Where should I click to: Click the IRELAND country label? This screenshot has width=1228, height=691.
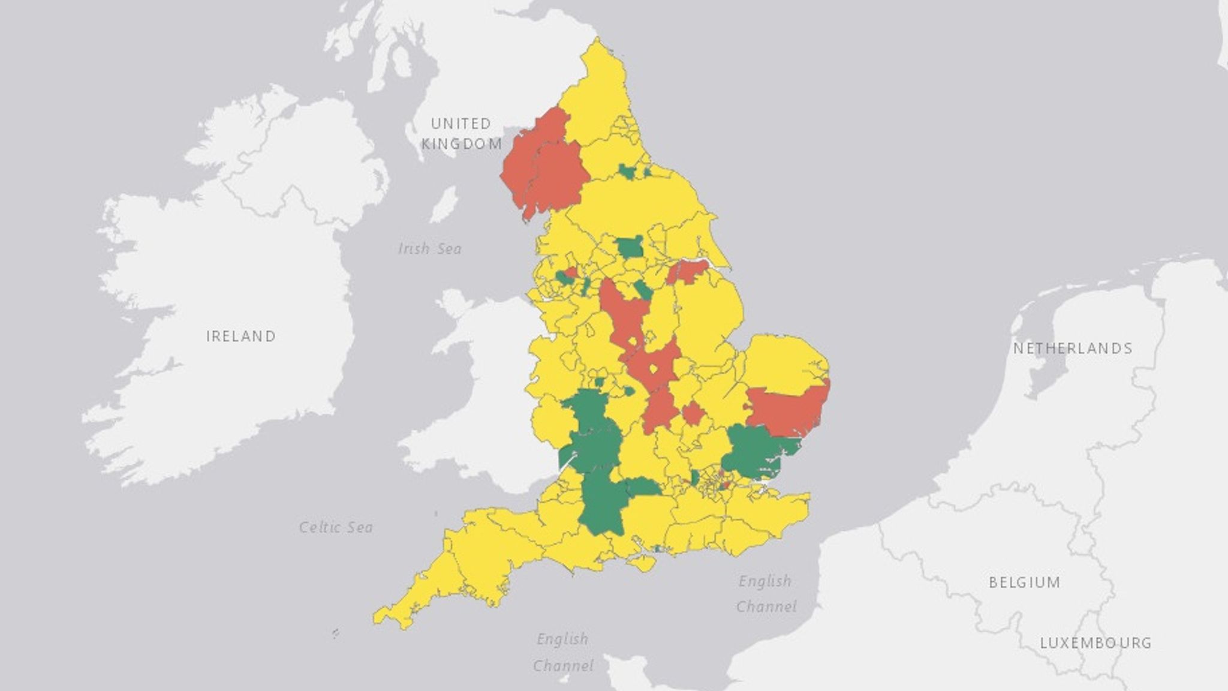pos(241,336)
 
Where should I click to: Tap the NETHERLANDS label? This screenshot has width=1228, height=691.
pos(1073,348)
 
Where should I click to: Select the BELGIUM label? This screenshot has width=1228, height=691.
pos(1025,582)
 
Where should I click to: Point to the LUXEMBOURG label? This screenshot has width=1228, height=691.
pos(1095,643)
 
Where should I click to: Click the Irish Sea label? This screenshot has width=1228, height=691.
pos(430,248)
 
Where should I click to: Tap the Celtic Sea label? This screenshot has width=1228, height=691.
pos(336,527)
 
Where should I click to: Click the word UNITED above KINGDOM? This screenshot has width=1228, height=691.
pos(461,124)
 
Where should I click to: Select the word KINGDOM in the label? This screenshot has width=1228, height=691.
pos(461,144)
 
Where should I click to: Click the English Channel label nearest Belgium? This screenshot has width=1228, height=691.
pos(766,593)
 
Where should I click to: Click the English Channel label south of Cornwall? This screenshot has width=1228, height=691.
pos(562,652)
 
